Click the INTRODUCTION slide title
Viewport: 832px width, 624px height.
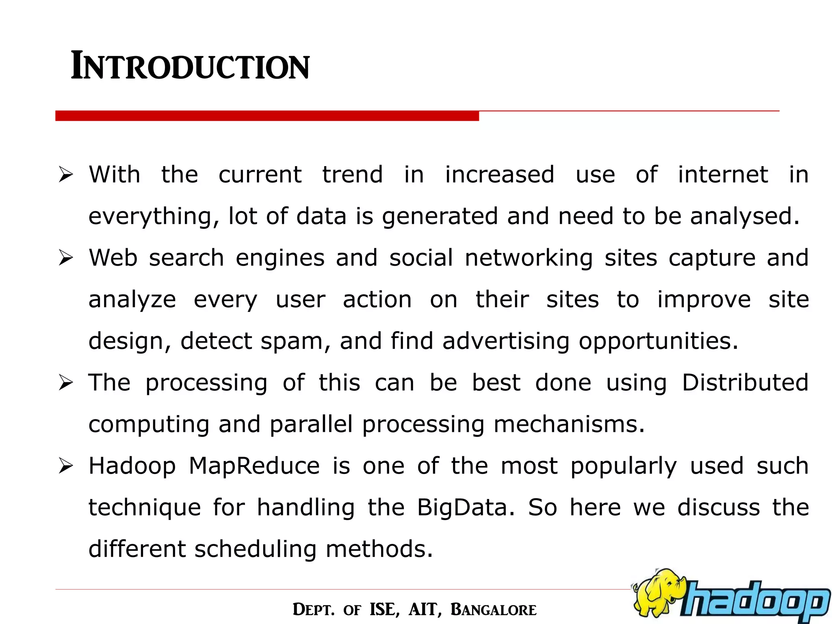[x=190, y=66]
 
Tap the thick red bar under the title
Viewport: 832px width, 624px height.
[x=267, y=116]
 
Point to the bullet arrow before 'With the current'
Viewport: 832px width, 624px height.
[x=65, y=175]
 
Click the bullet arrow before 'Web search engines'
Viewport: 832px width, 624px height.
[x=65, y=258]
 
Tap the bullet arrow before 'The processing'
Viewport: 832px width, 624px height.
[x=65, y=383]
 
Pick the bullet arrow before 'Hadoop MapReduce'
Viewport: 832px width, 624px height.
[x=65, y=466]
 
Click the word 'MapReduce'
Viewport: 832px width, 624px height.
[x=254, y=466]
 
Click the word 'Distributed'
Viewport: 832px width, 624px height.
[x=745, y=383]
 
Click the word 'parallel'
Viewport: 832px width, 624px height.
[x=311, y=425]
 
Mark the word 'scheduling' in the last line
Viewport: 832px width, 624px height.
[x=255, y=549]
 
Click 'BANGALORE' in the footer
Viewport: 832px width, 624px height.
[x=494, y=610]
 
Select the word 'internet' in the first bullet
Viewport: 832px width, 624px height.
[x=723, y=175]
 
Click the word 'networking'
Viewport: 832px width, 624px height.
[x=529, y=258]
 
